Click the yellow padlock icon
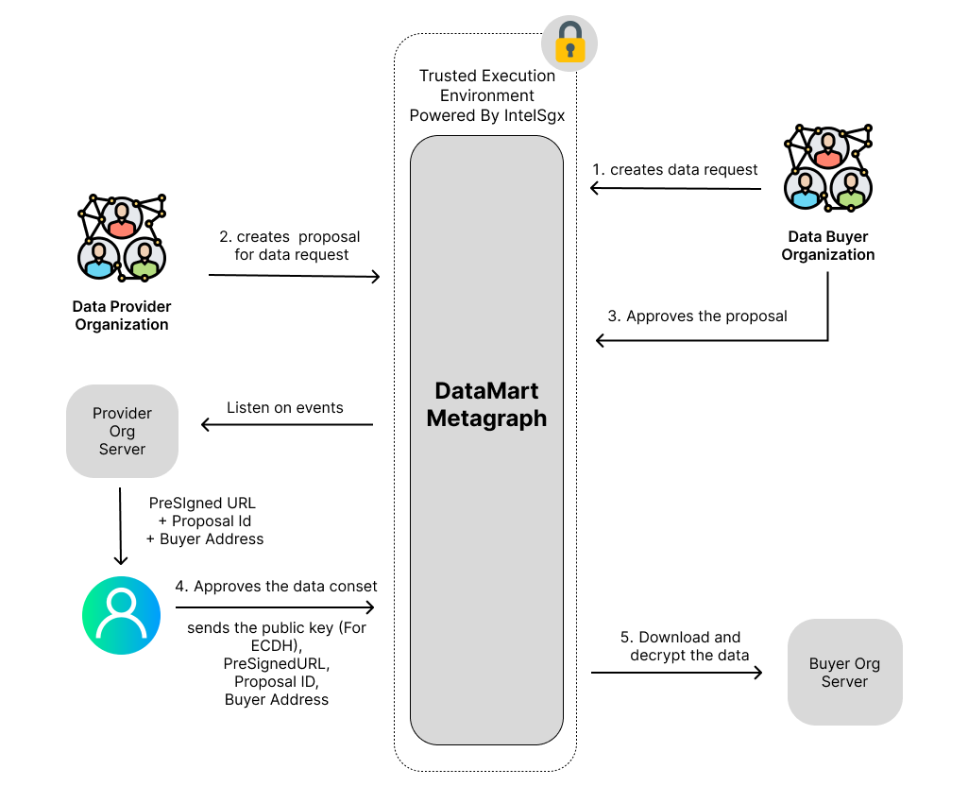(x=569, y=42)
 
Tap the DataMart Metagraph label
(x=486, y=405)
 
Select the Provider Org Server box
(x=122, y=431)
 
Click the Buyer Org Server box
(x=844, y=673)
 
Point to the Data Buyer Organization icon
(x=828, y=168)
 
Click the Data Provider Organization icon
(x=122, y=237)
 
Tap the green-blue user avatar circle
(x=121, y=615)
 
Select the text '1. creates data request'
(x=674, y=170)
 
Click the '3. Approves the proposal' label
(x=697, y=316)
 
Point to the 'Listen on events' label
(x=285, y=408)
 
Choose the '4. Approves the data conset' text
(x=276, y=587)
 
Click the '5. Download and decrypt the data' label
(x=688, y=646)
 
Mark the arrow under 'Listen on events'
(x=287, y=425)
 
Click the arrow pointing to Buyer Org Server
(x=676, y=673)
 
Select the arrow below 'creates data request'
(x=675, y=188)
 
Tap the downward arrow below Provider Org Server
(x=121, y=525)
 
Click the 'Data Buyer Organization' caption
(x=827, y=246)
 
